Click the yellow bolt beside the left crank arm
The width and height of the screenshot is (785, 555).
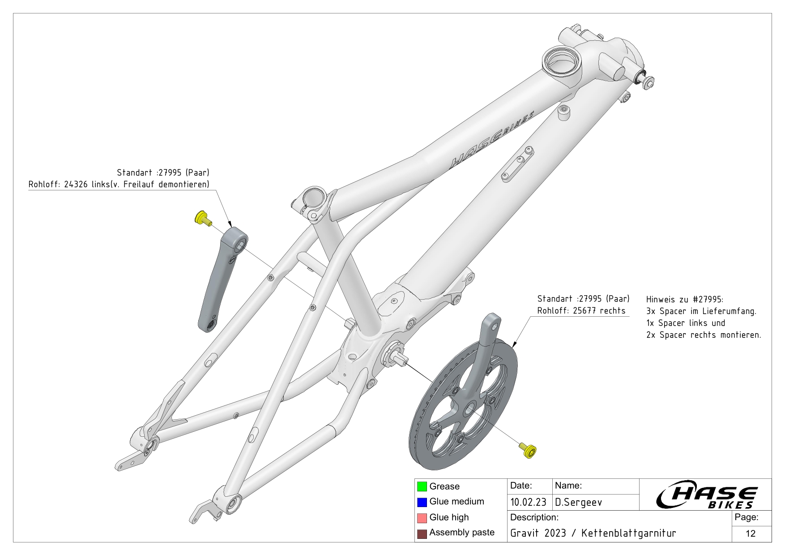pos(203,219)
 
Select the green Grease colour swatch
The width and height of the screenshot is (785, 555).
pos(422,486)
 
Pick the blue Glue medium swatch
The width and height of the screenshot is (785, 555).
pos(422,502)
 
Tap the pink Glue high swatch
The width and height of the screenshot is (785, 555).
pos(422,518)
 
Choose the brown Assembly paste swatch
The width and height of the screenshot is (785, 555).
pos(422,533)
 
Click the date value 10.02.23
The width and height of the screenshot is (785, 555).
pos(528,503)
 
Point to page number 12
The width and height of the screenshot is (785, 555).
pos(751,533)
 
